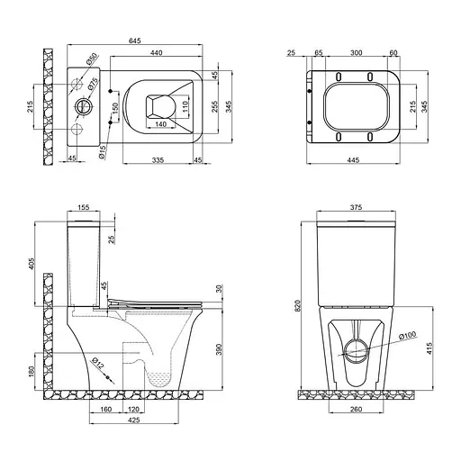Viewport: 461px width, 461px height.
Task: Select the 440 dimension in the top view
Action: pyautogui.click(x=157, y=54)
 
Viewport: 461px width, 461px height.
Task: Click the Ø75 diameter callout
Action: pyautogui.click(x=94, y=86)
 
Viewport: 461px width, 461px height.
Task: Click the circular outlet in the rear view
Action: pyautogui.click(x=354, y=349)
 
